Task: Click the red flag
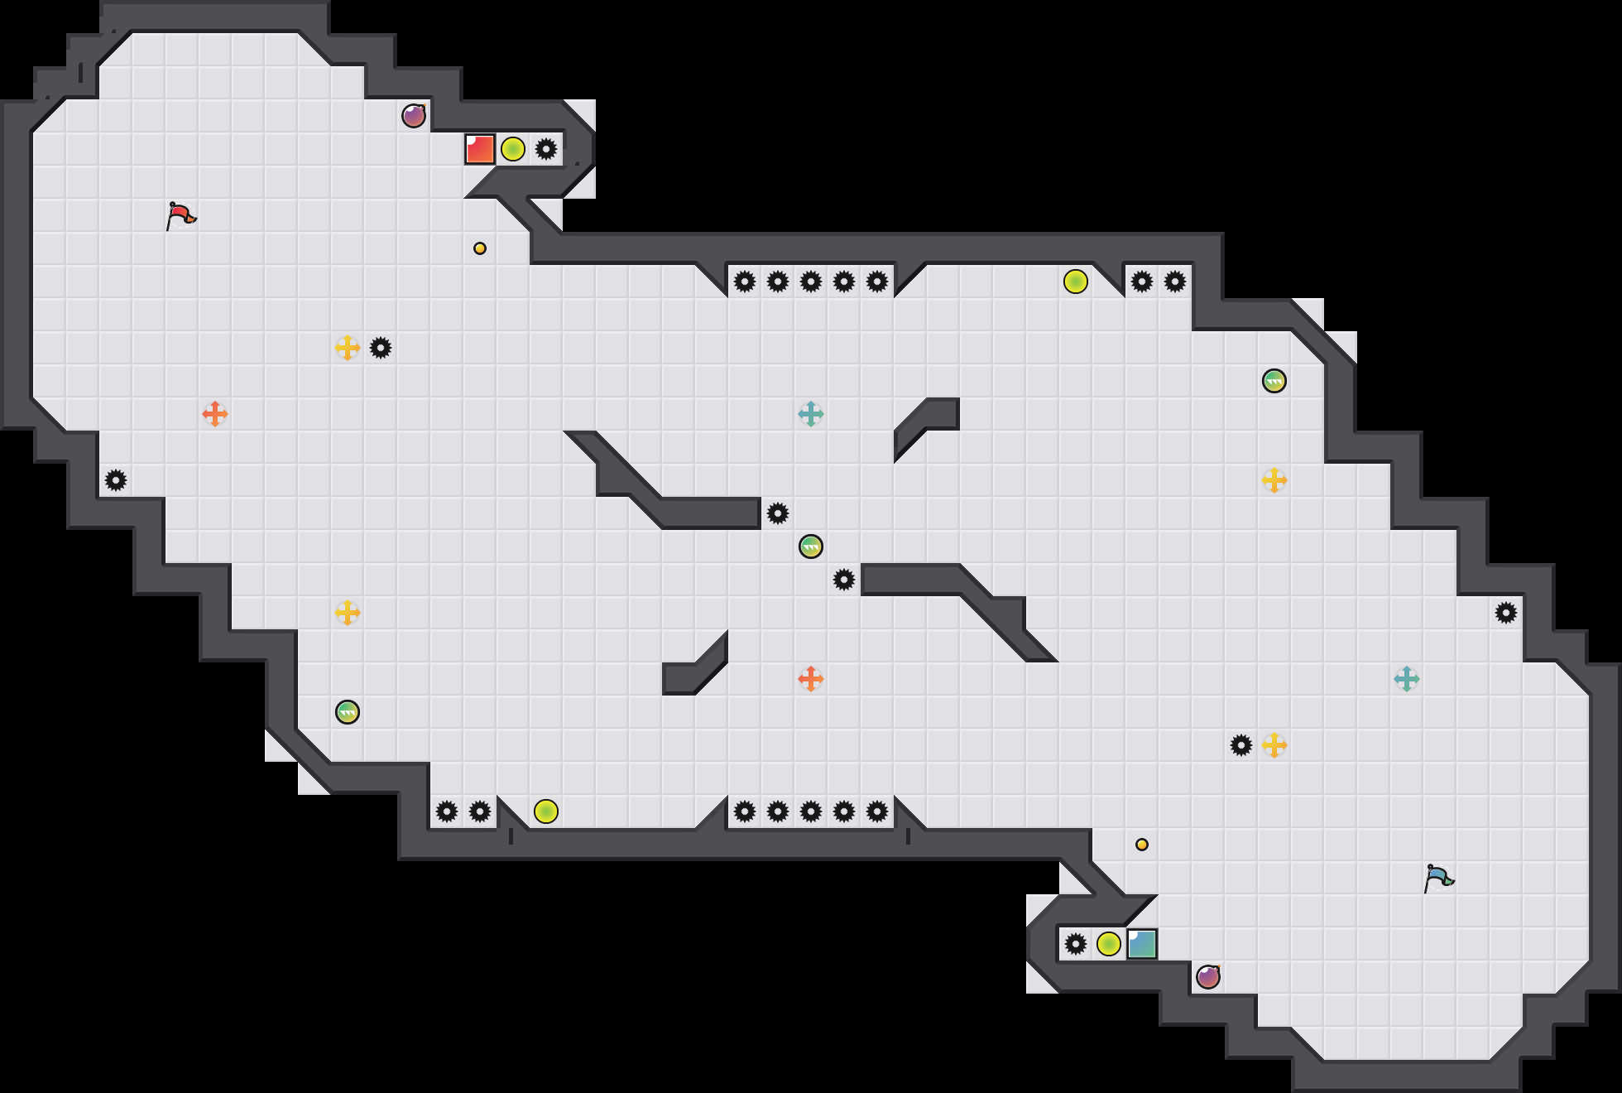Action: pos(180,215)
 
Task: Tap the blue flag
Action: pos(1437,878)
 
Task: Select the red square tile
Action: pos(480,149)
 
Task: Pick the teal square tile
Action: pos(1142,944)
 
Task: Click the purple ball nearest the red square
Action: pos(414,116)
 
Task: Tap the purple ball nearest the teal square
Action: pos(1208,977)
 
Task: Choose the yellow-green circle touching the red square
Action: pos(513,149)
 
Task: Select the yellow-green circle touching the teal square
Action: pos(1109,944)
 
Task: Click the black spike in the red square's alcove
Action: pos(546,149)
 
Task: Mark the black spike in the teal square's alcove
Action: pos(1076,944)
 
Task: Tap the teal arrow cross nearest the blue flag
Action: pos(1407,679)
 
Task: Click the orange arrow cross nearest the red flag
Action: pos(215,414)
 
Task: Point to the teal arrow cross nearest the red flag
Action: pos(811,414)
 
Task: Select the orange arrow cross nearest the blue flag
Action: pos(811,679)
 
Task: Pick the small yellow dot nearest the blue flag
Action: pos(1142,845)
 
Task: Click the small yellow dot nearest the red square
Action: pos(480,248)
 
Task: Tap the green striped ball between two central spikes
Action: pos(811,546)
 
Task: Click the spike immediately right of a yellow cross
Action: pos(381,348)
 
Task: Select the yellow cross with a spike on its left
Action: pos(1274,745)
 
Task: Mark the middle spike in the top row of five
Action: pos(811,282)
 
